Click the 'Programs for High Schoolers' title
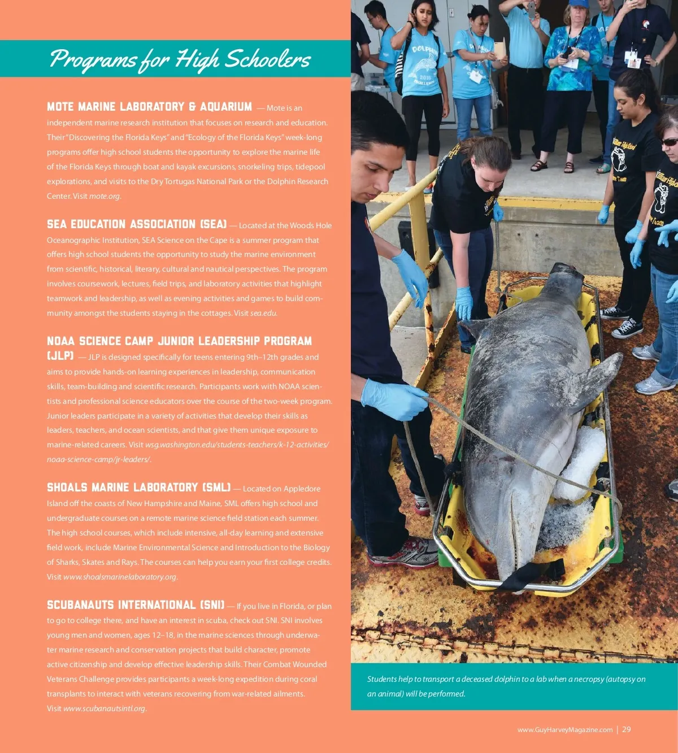tap(180, 59)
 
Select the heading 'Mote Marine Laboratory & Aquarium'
tap(149, 107)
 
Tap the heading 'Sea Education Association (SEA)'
tap(137, 224)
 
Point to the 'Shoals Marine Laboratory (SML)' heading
tap(138, 488)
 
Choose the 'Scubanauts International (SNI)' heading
tap(136, 605)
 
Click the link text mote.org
tap(105, 196)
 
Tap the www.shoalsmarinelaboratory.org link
tap(120, 577)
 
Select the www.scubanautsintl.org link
tap(104, 708)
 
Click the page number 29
tap(627, 729)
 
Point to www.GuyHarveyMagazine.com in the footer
tap(564, 730)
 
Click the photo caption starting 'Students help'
tap(506, 686)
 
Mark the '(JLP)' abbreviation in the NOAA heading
tap(60, 356)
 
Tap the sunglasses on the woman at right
tap(670, 142)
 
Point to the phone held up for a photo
tap(531, 8)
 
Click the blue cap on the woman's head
tap(579, 3)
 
